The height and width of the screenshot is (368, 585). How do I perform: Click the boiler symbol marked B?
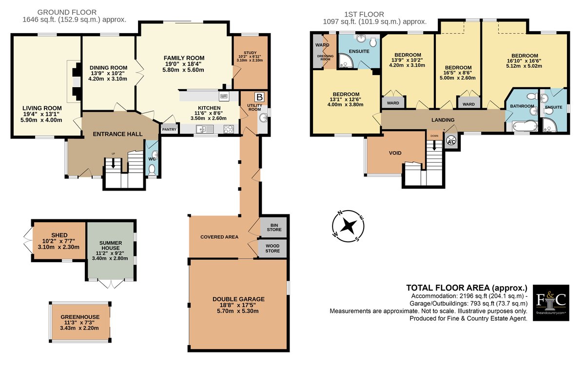pyautogui.click(x=259, y=97)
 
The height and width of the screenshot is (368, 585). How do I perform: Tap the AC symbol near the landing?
pyautogui.click(x=451, y=141)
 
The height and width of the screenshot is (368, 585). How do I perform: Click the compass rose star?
pyautogui.click(x=349, y=225)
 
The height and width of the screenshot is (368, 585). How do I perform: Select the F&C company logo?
pyautogui.click(x=551, y=303)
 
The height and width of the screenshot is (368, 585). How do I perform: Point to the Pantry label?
pyautogui.click(x=169, y=130)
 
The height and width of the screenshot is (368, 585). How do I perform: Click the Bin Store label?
pyautogui.click(x=274, y=228)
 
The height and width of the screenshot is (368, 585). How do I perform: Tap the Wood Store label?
pyautogui.click(x=273, y=249)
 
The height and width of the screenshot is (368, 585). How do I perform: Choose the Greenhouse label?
pyautogui.click(x=80, y=317)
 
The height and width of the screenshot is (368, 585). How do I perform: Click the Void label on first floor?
pyautogui.click(x=395, y=153)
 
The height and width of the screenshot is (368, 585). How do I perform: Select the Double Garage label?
pyautogui.click(x=238, y=299)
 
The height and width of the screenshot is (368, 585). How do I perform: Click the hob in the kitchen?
pyautogui.click(x=229, y=129)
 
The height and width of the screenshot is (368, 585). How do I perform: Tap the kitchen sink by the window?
pyautogui.click(x=205, y=129)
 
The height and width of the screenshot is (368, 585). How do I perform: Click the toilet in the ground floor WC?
pyautogui.click(x=152, y=170)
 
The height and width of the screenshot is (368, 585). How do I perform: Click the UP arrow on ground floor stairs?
pyautogui.click(x=113, y=163)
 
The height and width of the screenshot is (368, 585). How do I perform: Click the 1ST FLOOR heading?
pyautogui.click(x=364, y=14)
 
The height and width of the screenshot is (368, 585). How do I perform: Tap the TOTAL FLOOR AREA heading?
pyautogui.click(x=467, y=288)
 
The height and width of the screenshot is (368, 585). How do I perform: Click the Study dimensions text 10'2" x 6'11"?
pyautogui.click(x=250, y=57)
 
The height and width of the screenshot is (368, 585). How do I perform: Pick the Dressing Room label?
pyautogui.click(x=326, y=58)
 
